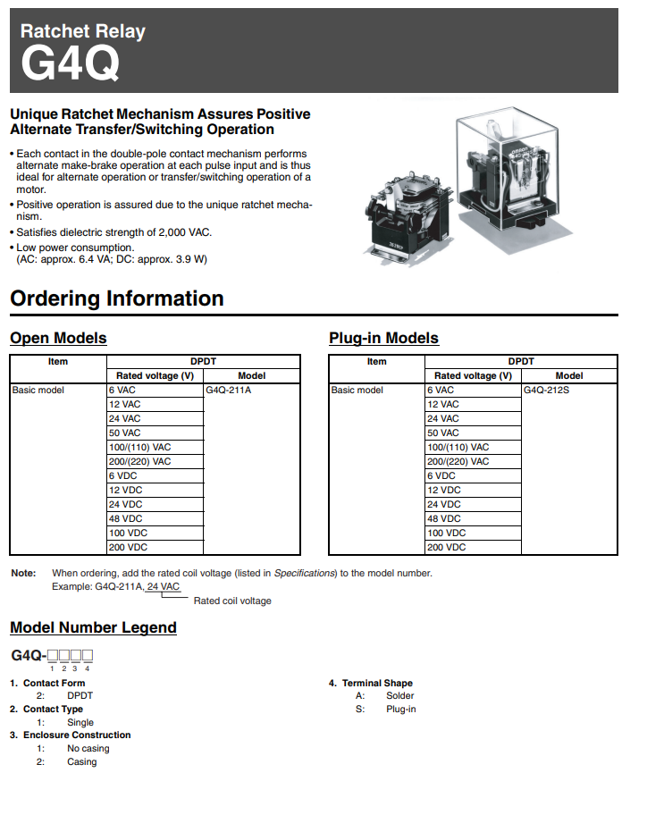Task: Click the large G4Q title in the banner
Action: pyautogui.click(x=70, y=64)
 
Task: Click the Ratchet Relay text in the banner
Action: pyautogui.click(x=82, y=31)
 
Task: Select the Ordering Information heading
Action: pyautogui.click(x=116, y=298)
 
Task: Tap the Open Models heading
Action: pyautogui.click(x=58, y=338)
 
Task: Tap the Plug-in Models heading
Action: pyautogui.click(x=383, y=338)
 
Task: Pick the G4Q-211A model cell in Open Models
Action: pyautogui.click(x=228, y=391)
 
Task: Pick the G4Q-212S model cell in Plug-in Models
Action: pyautogui.click(x=546, y=391)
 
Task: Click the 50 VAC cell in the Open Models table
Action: pyautogui.click(x=125, y=433)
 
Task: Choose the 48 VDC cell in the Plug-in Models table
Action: pyautogui.click(x=444, y=519)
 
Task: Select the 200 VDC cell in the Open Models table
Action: pyautogui.click(x=128, y=548)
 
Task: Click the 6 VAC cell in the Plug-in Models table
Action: pyautogui.click(x=441, y=391)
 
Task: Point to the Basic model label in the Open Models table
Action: pyautogui.click(x=38, y=391)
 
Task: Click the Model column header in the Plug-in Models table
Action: pyautogui.click(x=569, y=376)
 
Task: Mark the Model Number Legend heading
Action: pyautogui.click(x=93, y=627)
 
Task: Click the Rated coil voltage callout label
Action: pyautogui.click(x=232, y=601)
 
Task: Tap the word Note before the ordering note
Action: pyautogui.click(x=23, y=573)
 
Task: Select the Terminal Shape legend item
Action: pyautogui.click(x=376, y=684)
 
